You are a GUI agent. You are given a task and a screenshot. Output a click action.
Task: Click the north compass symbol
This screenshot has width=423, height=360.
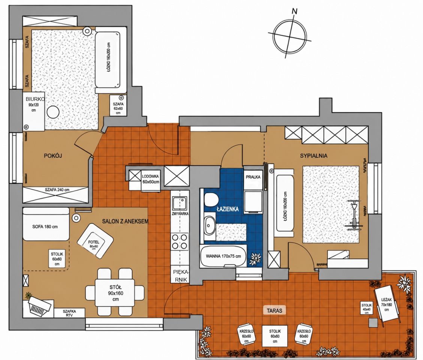290,35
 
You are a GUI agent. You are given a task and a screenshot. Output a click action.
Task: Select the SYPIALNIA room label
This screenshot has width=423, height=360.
314,156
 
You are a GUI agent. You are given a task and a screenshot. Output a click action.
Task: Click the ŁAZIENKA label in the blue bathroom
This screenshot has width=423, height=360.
227,209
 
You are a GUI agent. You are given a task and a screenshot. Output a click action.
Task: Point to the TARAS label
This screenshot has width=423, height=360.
274,310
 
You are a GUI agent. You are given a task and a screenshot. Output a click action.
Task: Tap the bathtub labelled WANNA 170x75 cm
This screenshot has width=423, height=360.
223,256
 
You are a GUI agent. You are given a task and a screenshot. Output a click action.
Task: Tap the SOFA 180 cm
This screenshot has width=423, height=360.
46,224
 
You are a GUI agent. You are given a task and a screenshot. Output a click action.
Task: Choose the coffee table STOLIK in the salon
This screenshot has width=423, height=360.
57,258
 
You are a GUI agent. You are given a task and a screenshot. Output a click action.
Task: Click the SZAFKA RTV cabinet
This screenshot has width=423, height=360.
69,313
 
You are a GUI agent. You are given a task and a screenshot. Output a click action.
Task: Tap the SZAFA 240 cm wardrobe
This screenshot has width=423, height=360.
56,195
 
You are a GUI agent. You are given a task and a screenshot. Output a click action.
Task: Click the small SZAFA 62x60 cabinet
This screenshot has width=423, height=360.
118,106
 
